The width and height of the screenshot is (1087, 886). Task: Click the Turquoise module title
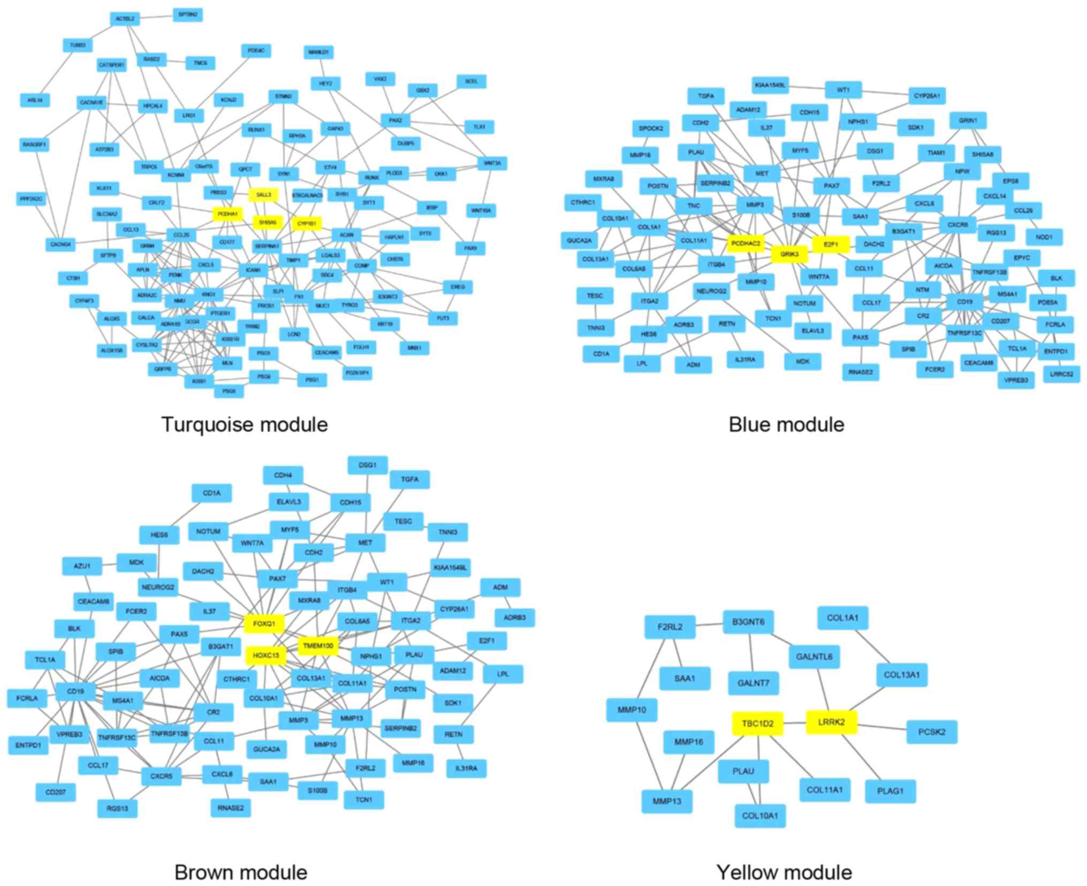pos(244,424)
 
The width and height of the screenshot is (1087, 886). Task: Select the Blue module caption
pos(786,424)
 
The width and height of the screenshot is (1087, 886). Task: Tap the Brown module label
pos(241,872)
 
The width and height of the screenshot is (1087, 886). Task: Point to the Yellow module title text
pos(784,872)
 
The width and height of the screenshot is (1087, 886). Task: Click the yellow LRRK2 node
pos(831,722)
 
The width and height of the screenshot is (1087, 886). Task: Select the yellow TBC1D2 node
pos(757,724)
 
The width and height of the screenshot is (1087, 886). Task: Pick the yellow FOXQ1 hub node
pos(264,623)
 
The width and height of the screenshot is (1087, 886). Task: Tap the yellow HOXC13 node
pos(266,655)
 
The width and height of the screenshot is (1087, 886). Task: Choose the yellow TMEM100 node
pos(318,646)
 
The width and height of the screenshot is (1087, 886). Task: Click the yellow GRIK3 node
pos(789,254)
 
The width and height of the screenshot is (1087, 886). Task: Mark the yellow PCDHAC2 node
pos(746,243)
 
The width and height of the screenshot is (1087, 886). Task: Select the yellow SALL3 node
pos(263,195)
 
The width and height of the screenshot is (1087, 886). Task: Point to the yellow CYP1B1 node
pos(307,223)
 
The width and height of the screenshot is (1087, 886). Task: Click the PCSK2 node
pos(931,731)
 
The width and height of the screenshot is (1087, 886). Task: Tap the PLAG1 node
pos(890,791)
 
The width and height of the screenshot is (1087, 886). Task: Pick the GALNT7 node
pos(753,683)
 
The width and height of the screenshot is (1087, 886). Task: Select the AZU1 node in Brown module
pos(82,566)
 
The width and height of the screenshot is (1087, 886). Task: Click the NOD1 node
pos(1044,236)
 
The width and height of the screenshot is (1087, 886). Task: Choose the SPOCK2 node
pos(650,128)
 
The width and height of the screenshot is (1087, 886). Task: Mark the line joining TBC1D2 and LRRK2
pos(795,723)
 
